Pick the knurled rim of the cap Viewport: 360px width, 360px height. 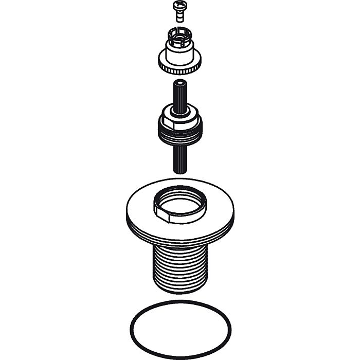coord(179,67)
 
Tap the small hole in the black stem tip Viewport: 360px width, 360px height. coord(179,82)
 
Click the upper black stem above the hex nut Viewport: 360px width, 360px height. coord(179,95)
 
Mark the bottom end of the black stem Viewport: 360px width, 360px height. coord(179,170)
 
